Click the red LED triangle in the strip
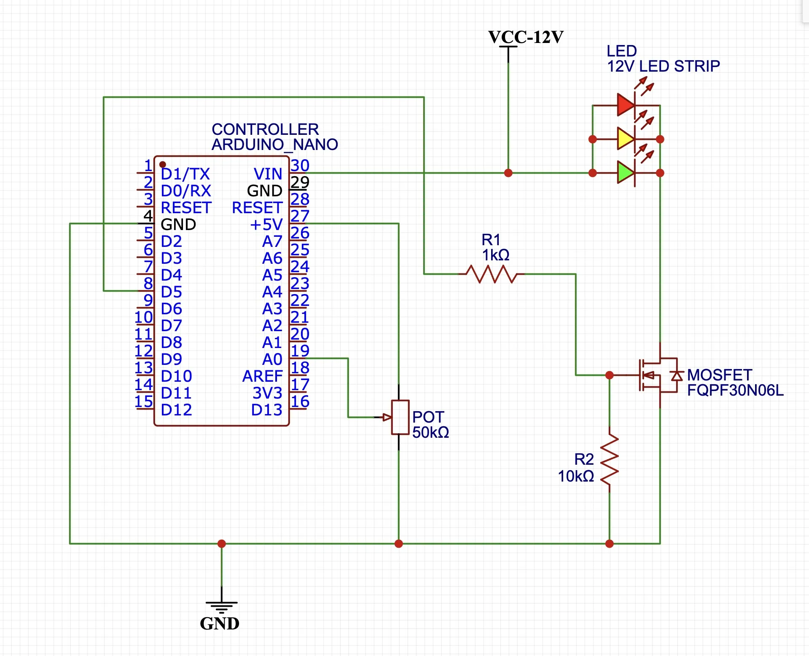(626, 105)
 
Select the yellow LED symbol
(626, 139)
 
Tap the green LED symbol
(626, 172)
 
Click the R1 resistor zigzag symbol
(491, 274)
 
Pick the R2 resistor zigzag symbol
(609, 459)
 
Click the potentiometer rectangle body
(400, 417)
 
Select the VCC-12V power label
(525, 37)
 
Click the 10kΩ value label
(575, 476)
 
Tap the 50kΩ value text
(430, 432)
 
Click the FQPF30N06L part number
(735, 390)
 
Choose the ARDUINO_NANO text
(274, 145)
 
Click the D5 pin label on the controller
(171, 292)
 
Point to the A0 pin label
(272, 359)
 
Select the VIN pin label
(268, 174)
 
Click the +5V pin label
(266, 224)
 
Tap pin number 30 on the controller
(300, 165)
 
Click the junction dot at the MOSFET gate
(609, 375)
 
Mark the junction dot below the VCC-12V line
(508, 173)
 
